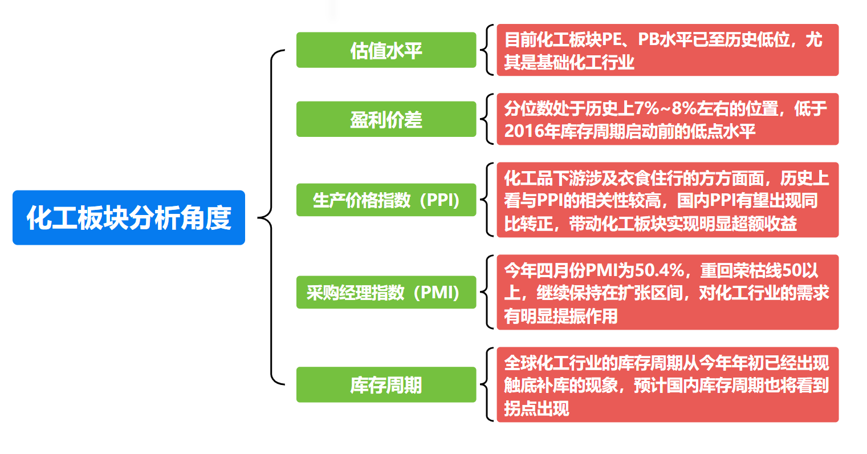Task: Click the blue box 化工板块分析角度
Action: tap(128, 217)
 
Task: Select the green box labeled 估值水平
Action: tap(386, 50)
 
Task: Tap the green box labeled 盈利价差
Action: tap(386, 119)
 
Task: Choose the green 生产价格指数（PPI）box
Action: tap(386, 200)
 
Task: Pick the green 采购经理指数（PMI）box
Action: tap(386, 292)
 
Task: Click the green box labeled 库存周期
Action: tap(386, 384)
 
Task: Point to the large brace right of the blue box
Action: tap(271, 217)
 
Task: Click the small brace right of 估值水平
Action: tap(487, 50)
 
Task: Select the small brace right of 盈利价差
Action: tap(487, 119)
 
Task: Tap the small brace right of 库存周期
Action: tap(487, 384)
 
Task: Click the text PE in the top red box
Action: tap(612, 39)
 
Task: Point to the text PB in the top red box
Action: tap(648, 39)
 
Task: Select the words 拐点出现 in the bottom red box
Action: tap(536, 409)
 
